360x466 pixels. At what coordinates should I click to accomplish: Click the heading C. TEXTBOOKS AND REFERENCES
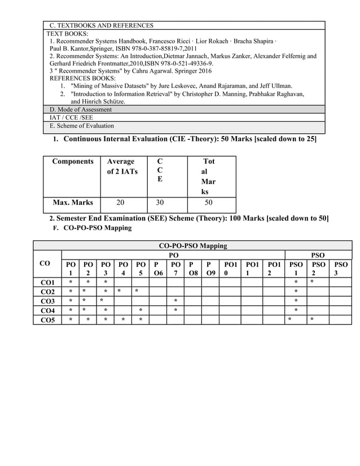pyautogui.click(x=102, y=25)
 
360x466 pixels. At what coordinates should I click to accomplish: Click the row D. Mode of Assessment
pyautogui.click(x=81, y=109)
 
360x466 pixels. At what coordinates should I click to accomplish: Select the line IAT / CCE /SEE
pyautogui.click(x=71, y=117)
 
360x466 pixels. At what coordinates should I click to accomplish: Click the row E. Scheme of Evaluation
pyautogui.click(x=82, y=126)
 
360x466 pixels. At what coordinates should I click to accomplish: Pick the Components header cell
pyautogui.click(x=73, y=161)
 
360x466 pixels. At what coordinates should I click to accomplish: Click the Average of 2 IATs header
pyautogui.click(x=122, y=166)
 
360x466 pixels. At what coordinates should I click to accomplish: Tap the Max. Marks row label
pyautogui.click(x=73, y=202)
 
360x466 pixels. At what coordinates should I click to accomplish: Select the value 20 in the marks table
pyautogui.click(x=120, y=202)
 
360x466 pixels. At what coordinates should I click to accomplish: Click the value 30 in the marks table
pyautogui.click(x=160, y=202)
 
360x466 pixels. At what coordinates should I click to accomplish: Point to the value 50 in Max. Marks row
pyautogui.click(x=208, y=202)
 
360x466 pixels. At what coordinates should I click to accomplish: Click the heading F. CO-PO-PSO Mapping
pyautogui.click(x=95, y=228)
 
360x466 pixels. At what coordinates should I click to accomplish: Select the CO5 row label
pyautogui.click(x=47, y=320)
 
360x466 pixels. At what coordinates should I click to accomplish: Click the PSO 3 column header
pyautogui.click(x=340, y=269)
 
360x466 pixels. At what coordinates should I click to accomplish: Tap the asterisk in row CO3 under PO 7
pyautogui.click(x=175, y=301)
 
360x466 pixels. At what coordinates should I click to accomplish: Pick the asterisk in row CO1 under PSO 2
pyautogui.click(x=312, y=282)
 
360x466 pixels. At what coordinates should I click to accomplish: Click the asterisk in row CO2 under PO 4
pyautogui.click(x=120, y=291)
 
